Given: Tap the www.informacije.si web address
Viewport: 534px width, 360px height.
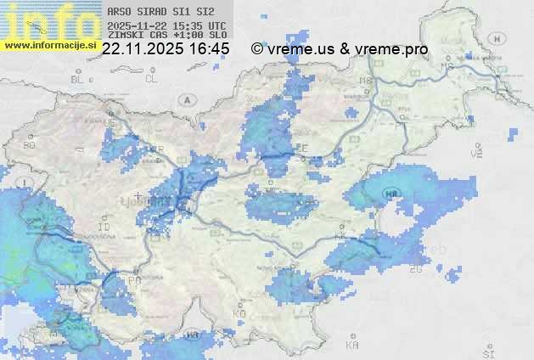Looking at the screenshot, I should pyautogui.click(x=49, y=44).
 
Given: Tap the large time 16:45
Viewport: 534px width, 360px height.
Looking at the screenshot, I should pyautogui.click(x=209, y=49).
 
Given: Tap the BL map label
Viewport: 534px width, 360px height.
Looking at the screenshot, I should pyautogui.click(x=79, y=79).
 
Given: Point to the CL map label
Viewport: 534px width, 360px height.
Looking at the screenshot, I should pyautogui.click(x=151, y=79).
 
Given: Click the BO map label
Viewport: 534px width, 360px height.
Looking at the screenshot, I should pyautogui.click(x=30, y=145).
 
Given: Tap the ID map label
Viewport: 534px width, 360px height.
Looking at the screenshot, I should pyautogui.click(x=104, y=228).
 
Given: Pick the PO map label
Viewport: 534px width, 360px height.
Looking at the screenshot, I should pyautogui.click(x=134, y=279).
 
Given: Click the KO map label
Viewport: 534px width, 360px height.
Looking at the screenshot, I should pyautogui.click(x=239, y=313).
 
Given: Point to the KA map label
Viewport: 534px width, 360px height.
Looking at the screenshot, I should pyautogui.click(x=352, y=345).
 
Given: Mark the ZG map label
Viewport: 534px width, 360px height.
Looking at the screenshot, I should pyautogui.click(x=415, y=268).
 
